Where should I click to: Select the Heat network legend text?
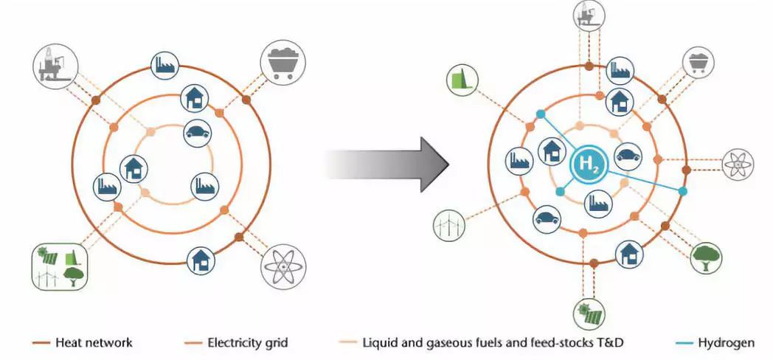[94, 342]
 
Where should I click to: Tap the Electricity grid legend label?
[248, 342]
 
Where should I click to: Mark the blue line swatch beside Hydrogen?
[687, 343]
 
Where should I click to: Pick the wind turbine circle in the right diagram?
[447, 224]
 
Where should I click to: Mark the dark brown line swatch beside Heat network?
[44, 343]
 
